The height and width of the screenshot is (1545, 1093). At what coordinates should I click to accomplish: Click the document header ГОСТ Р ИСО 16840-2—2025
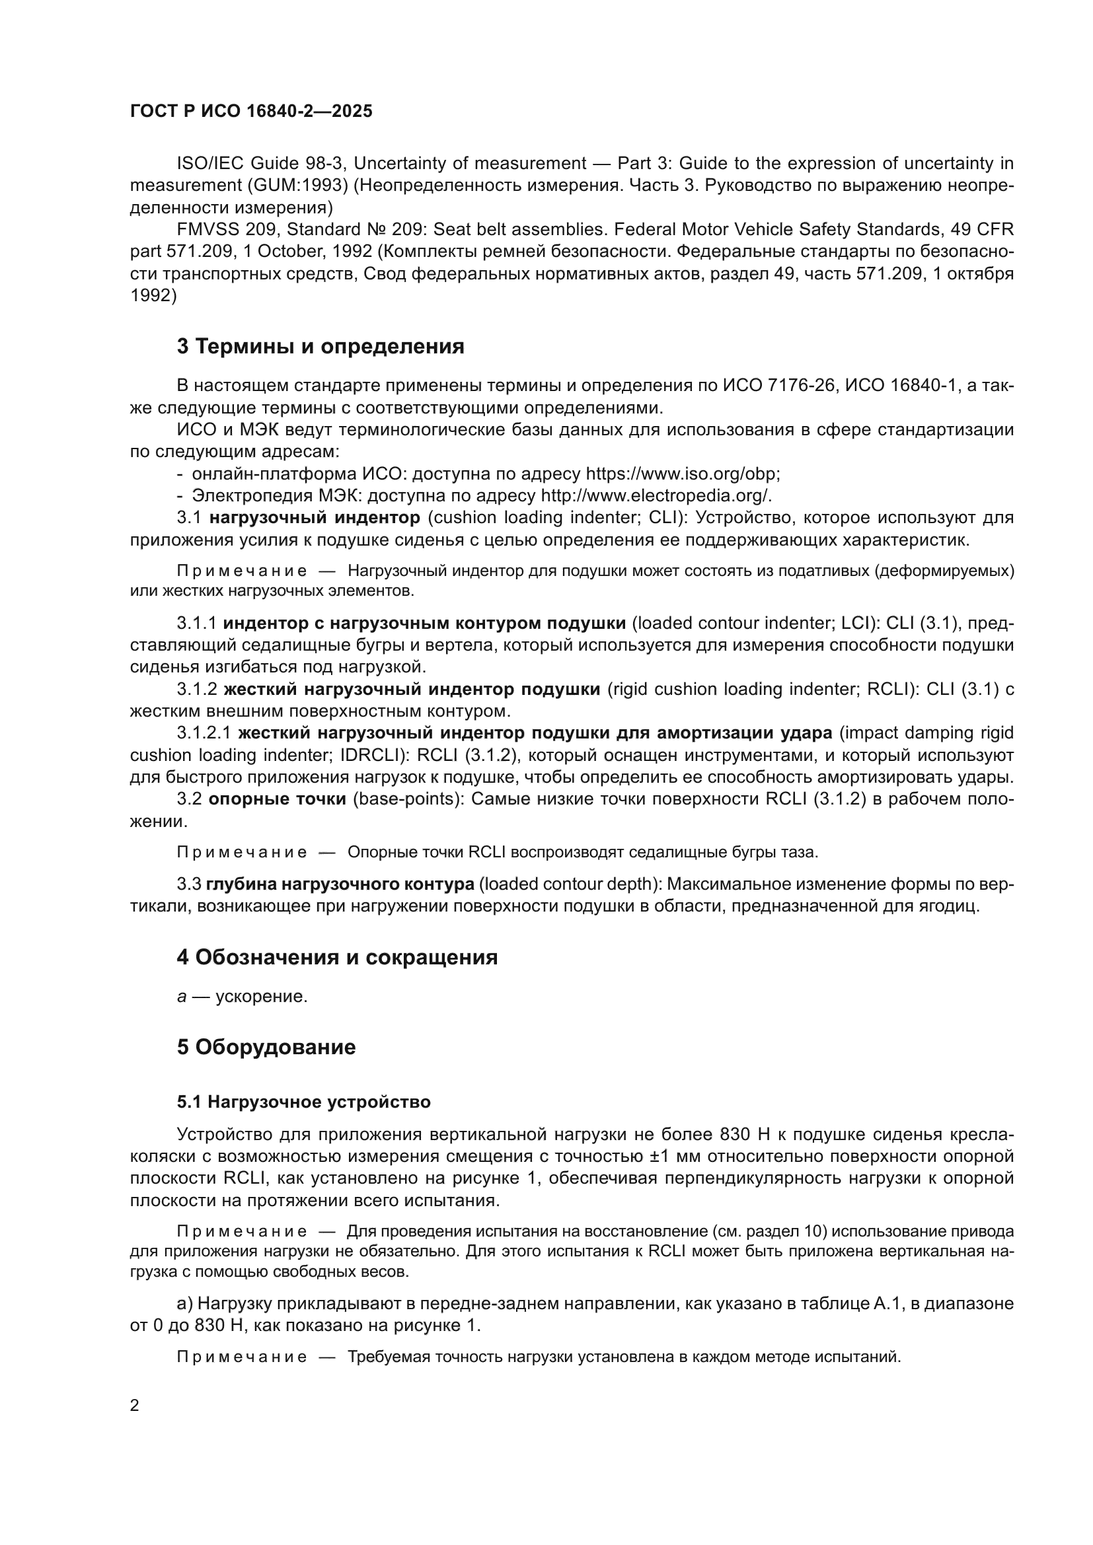pos(251,112)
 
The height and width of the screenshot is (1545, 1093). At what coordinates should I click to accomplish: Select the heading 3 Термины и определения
pos(320,347)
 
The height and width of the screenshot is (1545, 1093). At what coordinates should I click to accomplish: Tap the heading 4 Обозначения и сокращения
pos(337,957)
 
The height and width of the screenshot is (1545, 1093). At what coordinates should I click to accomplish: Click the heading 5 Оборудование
pos(266,1047)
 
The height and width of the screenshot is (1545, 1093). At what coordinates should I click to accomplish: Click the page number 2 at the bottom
pos(135,1405)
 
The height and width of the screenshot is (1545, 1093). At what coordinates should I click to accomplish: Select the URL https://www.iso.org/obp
pos(682,474)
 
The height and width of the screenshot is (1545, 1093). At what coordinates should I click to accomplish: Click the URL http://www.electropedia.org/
pos(656,496)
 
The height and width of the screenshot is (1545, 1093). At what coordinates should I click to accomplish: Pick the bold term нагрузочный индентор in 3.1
pos(315,518)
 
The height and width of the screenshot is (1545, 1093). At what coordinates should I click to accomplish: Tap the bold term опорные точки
pos(278,799)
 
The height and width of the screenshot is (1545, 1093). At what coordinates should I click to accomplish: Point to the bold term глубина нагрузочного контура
pos(340,884)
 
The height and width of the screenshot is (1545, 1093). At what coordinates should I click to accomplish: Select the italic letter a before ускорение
pos(182,997)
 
